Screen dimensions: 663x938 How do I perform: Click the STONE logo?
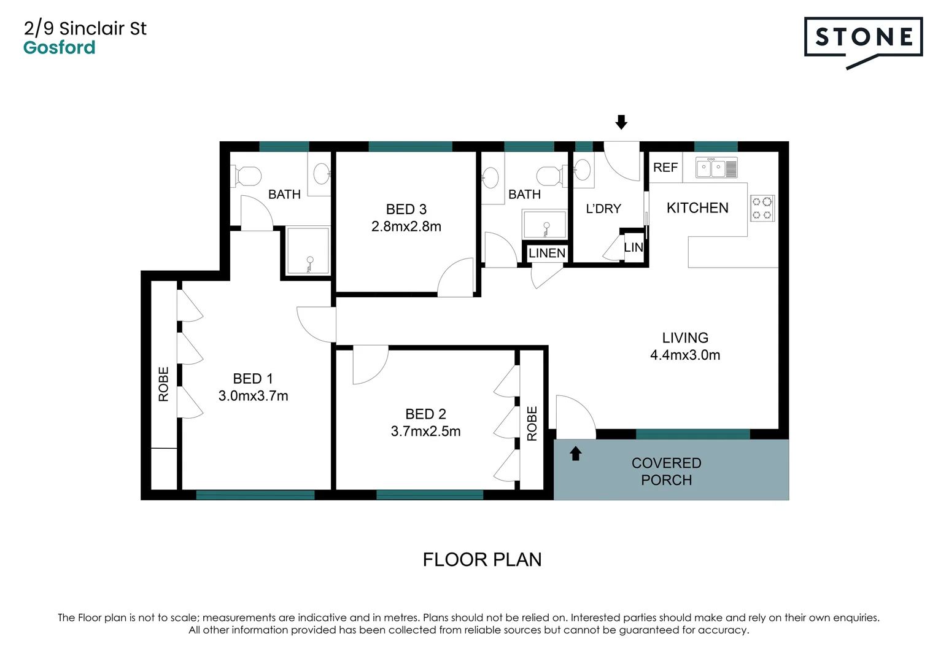[862, 38]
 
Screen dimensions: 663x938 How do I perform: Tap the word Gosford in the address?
[60, 48]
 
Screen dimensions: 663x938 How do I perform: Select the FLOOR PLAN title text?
[482, 560]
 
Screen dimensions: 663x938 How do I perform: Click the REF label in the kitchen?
[665, 168]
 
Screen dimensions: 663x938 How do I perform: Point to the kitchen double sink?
[716, 168]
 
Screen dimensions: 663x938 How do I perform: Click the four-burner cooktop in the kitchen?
[762, 208]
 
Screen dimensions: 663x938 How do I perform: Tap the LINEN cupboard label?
[546, 253]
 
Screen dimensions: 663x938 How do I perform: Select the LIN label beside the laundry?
[634, 247]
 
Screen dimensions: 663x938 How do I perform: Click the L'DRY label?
[603, 209]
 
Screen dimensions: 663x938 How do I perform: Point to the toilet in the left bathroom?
[247, 177]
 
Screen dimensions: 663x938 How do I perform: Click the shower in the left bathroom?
[308, 251]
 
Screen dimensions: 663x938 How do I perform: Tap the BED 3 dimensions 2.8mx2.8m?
[406, 227]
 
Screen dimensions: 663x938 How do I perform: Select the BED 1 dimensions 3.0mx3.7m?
[253, 396]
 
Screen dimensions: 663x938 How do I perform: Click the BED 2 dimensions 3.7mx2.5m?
[425, 432]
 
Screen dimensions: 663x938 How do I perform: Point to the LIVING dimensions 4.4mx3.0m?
[685, 355]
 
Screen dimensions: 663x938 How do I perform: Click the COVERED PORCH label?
[666, 471]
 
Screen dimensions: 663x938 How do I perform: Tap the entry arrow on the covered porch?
[575, 454]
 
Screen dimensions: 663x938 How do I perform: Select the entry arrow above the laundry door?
[621, 122]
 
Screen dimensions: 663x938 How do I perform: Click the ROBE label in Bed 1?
[164, 384]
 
